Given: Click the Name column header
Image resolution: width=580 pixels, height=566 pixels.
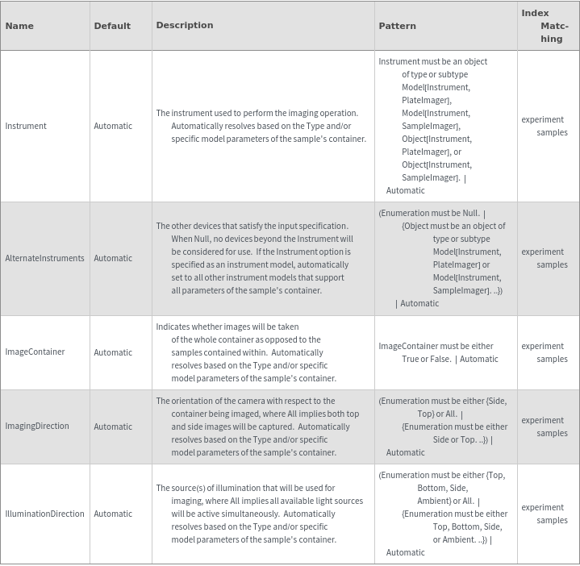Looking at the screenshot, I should (19, 26).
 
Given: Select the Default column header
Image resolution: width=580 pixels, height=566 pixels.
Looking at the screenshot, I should (112, 26).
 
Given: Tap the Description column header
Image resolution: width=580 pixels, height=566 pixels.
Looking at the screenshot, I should (185, 25).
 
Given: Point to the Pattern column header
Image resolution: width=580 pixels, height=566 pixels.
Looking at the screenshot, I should (398, 26).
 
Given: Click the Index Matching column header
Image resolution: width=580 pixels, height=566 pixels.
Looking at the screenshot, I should (546, 26).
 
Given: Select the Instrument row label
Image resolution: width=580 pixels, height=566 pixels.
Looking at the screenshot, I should (26, 126).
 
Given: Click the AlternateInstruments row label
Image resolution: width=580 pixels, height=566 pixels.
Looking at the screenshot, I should (44, 258).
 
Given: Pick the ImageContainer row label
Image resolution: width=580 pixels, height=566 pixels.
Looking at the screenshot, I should (35, 352).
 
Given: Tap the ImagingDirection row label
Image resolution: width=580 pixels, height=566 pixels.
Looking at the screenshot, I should (37, 426).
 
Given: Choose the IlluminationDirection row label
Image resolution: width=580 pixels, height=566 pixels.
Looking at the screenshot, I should (44, 514).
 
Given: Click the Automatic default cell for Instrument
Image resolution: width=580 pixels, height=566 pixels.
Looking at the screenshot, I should (113, 126).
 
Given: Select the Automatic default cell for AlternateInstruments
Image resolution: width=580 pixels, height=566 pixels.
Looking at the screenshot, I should (113, 258).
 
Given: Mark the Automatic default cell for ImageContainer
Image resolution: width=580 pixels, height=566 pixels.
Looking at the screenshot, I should (113, 352).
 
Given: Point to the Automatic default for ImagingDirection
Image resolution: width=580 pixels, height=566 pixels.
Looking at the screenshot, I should (113, 427).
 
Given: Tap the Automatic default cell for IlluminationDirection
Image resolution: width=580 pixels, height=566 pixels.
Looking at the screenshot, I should (113, 514).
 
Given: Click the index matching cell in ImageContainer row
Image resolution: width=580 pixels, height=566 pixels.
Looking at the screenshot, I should (545, 352).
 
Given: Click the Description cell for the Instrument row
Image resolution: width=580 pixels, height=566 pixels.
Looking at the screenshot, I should (261, 126).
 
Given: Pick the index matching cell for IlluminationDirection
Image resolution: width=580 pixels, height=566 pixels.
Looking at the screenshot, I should (545, 514).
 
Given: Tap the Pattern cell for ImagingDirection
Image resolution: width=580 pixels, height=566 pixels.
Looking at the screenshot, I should (443, 427).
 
